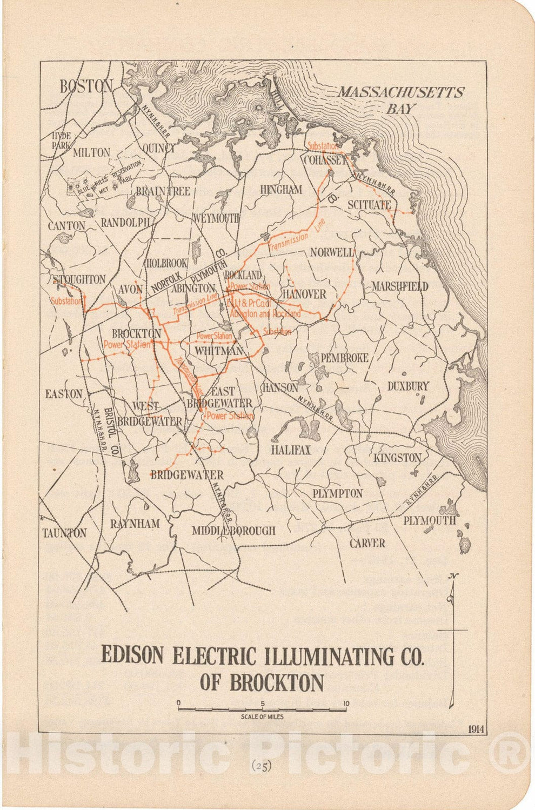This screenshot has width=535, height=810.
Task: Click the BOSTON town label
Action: click(x=86, y=86)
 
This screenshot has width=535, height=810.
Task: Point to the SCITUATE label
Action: click(x=369, y=205)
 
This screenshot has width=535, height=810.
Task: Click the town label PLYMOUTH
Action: click(x=430, y=520)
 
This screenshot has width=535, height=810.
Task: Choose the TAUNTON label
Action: click(x=64, y=533)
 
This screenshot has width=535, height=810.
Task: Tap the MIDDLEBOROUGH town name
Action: click(x=233, y=531)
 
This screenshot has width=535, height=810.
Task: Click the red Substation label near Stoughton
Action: click(x=65, y=301)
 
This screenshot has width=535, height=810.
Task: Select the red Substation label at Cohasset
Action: click(x=323, y=146)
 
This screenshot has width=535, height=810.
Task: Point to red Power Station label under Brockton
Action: click(x=127, y=344)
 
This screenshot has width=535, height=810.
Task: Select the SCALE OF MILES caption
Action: click(x=262, y=717)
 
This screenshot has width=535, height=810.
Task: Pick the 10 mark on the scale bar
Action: click(x=346, y=704)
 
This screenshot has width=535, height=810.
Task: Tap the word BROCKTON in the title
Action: click(x=277, y=682)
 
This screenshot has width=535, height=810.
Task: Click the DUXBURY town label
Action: click(x=408, y=386)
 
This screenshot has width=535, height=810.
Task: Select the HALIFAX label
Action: click(x=291, y=450)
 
